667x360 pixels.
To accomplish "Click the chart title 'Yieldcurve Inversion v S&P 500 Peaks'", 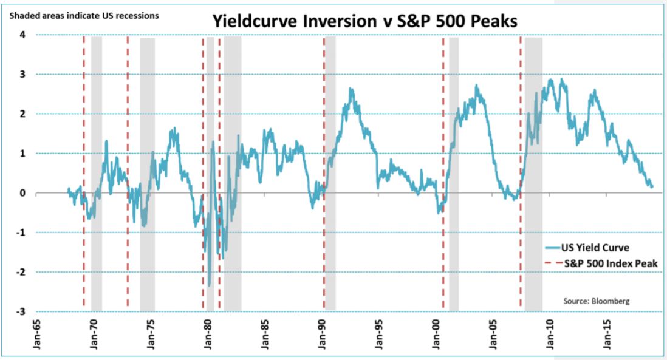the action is pyautogui.click(x=364, y=21).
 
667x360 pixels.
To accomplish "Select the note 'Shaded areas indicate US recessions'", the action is pyautogui.click(x=84, y=16).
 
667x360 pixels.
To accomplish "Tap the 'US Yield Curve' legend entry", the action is pyautogui.click(x=587, y=247).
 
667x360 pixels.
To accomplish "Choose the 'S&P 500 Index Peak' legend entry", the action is pyautogui.click(x=601, y=263).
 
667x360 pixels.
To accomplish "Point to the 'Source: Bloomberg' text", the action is pyautogui.click(x=597, y=301).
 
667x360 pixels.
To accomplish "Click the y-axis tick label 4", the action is pyautogui.click(x=22, y=35).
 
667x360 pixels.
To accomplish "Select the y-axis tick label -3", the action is pyautogui.click(x=21, y=311).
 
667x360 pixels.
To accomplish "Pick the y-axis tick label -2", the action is pyautogui.click(x=21, y=272).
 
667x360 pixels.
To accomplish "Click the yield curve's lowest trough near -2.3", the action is pyautogui.click(x=210, y=285).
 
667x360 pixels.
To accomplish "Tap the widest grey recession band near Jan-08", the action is pyautogui.click(x=533, y=174).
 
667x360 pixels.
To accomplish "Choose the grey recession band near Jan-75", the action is pyautogui.click(x=148, y=174).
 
